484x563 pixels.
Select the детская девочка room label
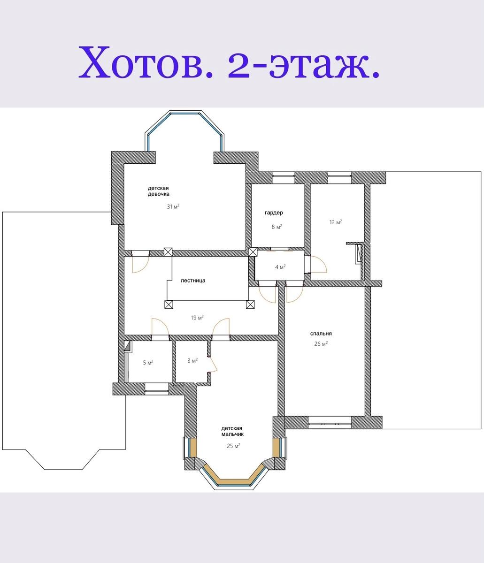158,191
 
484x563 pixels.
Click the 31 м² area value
173,206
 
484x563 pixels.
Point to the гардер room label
274,213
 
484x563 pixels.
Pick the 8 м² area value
277,227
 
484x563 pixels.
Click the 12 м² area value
336,222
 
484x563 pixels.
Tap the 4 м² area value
280,267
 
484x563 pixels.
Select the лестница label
193,281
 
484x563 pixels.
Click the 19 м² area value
197,318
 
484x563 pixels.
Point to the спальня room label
321,334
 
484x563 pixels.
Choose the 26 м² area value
321,344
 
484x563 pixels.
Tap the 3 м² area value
192,361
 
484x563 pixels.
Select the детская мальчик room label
232,431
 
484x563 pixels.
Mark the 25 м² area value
233,446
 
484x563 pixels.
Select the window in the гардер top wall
283,177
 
